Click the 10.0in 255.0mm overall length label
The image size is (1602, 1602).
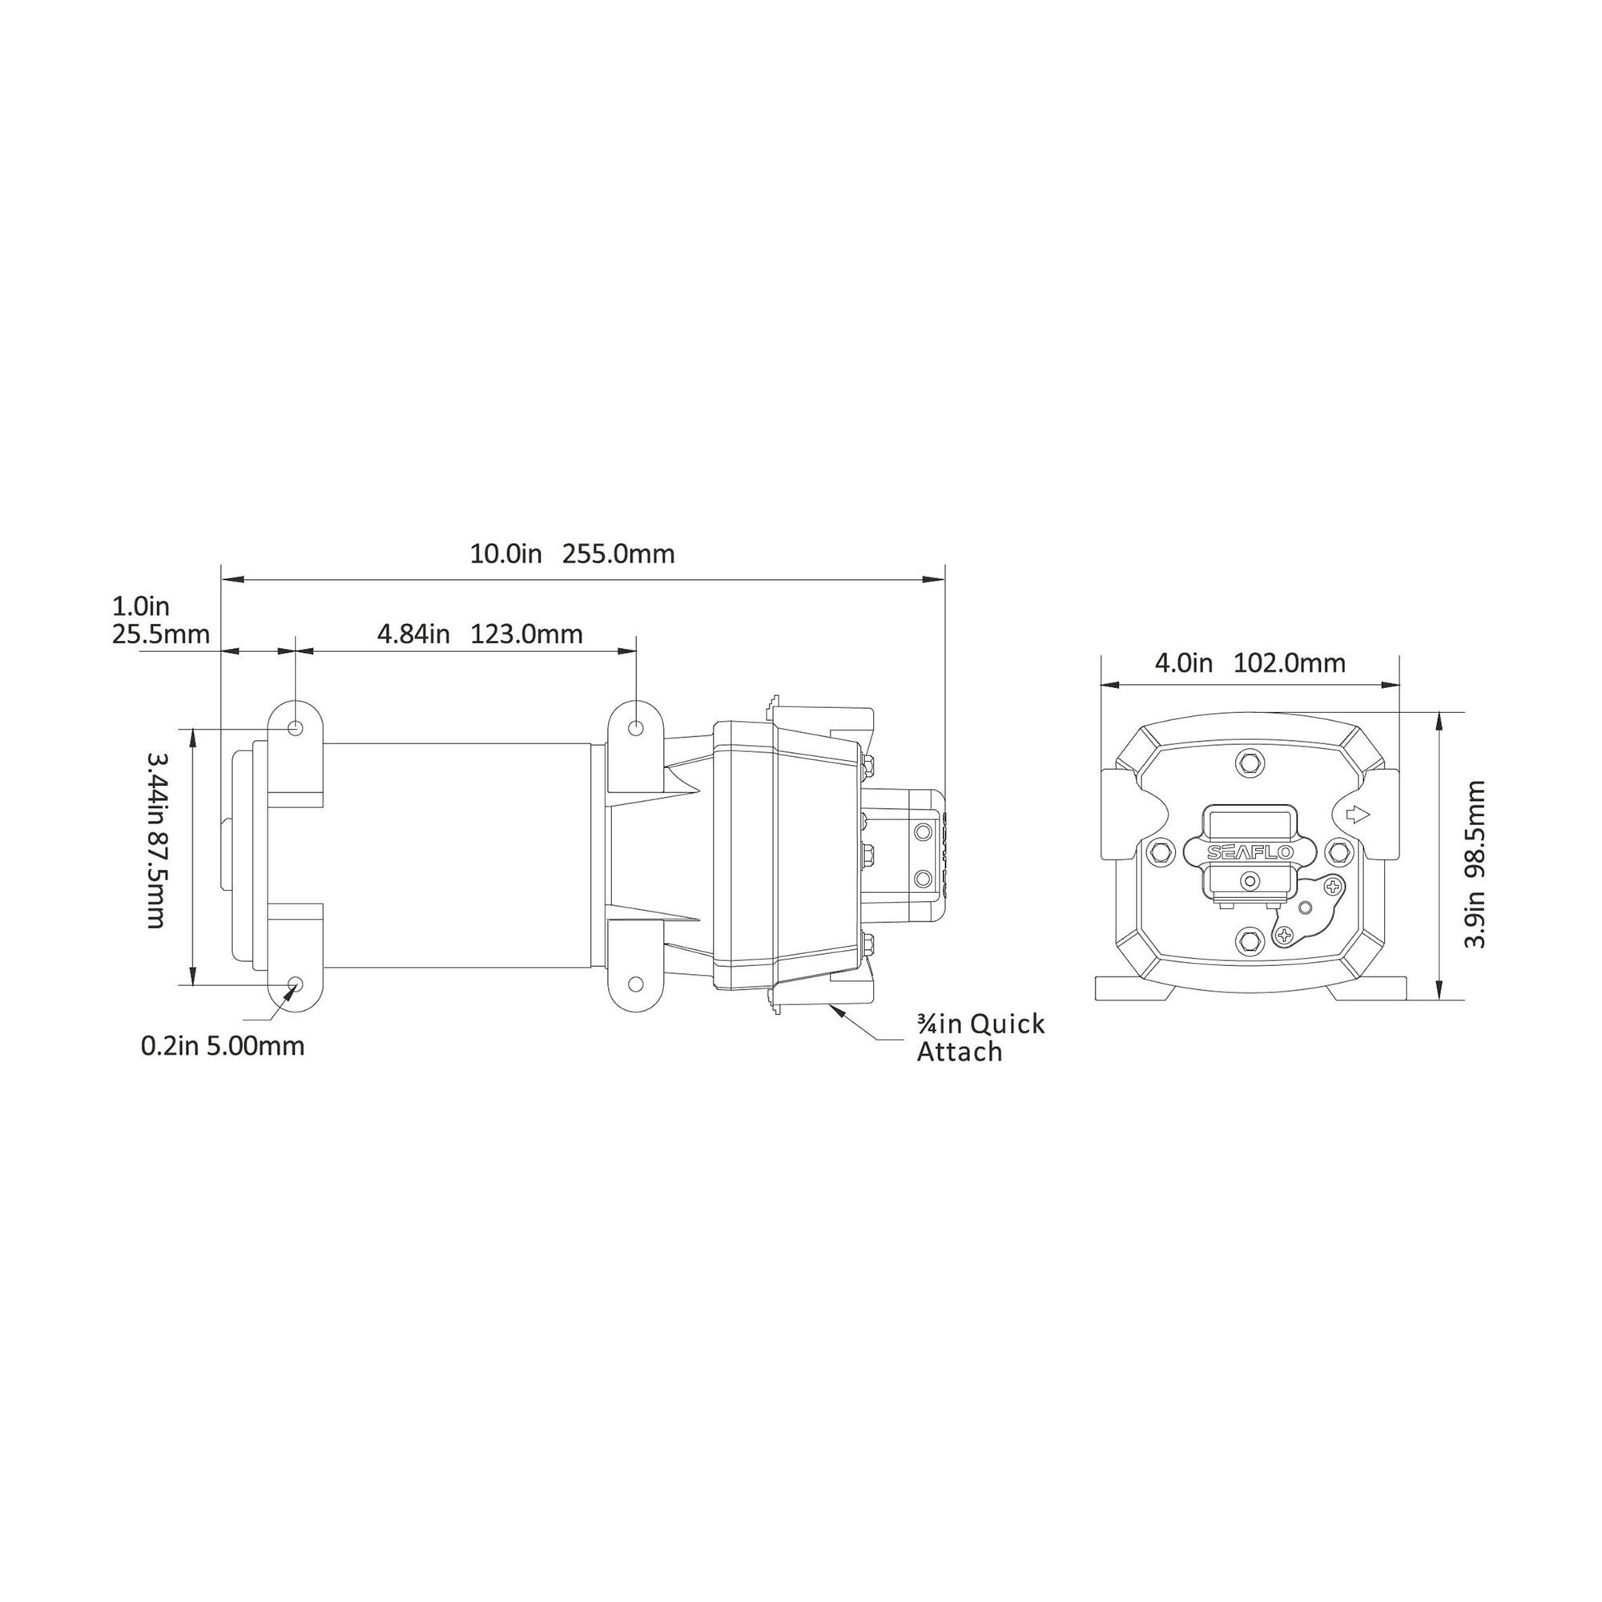pyautogui.click(x=572, y=554)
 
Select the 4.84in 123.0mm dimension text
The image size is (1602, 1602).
pyautogui.click(x=480, y=634)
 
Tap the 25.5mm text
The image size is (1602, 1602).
pyautogui.click(x=161, y=635)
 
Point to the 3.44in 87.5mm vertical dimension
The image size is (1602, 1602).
pyautogui.click(x=157, y=840)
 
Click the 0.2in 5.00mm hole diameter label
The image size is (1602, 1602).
pyautogui.click(x=223, y=1045)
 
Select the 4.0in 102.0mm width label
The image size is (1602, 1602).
pyautogui.click(x=1250, y=663)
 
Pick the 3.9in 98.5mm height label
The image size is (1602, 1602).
pyautogui.click(x=1474, y=864)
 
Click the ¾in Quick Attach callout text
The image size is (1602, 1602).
pyautogui.click(x=980, y=1037)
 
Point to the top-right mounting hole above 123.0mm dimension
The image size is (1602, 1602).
pyautogui.click(x=636, y=728)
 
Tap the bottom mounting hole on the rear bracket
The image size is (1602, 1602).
pyautogui.click(x=636, y=984)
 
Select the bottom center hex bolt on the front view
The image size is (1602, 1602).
pyautogui.click(x=1249, y=938)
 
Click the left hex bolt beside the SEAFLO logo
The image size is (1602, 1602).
pyautogui.click(x=1160, y=851)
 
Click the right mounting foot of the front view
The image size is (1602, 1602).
pyautogui.click(x=1368, y=988)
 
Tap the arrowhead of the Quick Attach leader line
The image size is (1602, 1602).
pyautogui.click(x=835, y=1009)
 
